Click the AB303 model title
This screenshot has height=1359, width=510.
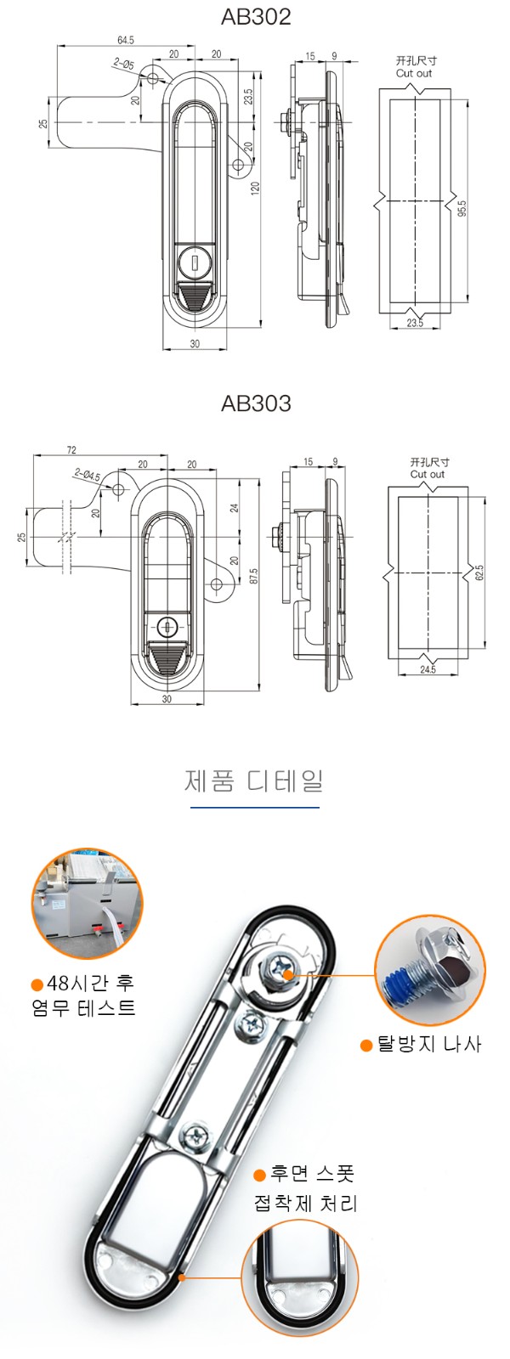coord(256,403)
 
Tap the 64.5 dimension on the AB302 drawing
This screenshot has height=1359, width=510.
coord(126,40)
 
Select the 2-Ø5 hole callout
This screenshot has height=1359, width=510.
coord(123,63)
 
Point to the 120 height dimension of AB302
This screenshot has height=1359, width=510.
coord(256,188)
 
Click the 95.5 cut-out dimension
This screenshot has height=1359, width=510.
coord(462,208)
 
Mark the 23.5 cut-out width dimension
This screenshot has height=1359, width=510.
coord(415,323)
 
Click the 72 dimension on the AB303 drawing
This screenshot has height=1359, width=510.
coord(71,449)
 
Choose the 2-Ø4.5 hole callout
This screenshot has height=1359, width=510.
coord(88,473)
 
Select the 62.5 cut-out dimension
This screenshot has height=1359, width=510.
coord(479,572)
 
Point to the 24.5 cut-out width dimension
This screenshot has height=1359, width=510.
coord(428,669)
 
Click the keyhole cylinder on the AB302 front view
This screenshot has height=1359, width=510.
coord(195,262)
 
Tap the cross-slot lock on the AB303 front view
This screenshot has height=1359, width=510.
coord(167,625)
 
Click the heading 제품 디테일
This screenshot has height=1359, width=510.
coord(254,781)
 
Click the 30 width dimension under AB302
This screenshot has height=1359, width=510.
coord(195,343)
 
